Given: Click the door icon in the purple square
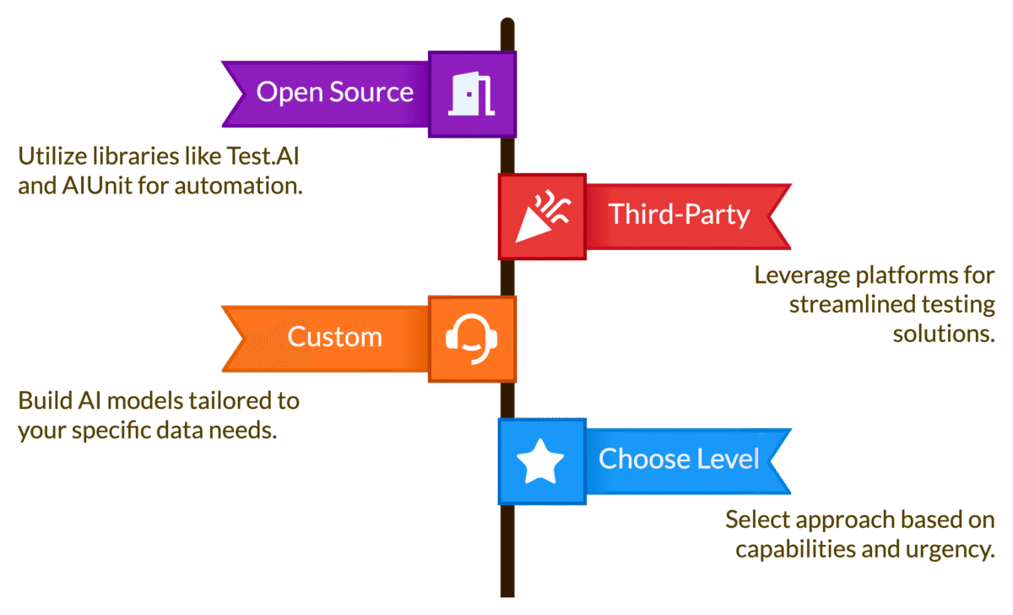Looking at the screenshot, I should (472, 94).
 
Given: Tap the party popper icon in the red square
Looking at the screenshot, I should (541, 215).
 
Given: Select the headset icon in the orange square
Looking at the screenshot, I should (472, 338).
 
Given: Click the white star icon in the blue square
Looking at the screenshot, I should (540, 461).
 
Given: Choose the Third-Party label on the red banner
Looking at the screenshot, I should (680, 214).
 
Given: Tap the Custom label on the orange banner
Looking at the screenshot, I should (334, 336).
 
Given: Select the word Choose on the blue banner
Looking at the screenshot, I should (645, 459).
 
